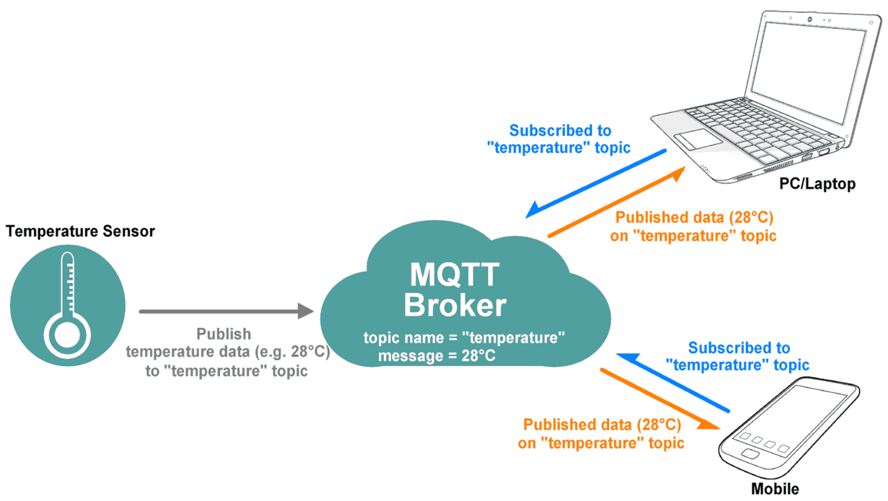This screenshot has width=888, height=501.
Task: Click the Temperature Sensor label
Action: point(80,231)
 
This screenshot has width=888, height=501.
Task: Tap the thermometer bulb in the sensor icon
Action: point(67,335)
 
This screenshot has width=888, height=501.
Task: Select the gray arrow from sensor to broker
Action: point(225,311)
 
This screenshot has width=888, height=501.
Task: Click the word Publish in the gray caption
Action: point(224,334)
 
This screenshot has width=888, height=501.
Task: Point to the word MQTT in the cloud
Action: point(454,274)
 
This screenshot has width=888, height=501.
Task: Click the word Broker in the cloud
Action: point(455,305)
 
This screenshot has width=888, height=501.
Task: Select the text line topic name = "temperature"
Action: point(464,337)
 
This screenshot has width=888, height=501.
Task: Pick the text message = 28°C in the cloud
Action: point(436,356)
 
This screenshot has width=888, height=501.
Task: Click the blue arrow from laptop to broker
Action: point(595,184)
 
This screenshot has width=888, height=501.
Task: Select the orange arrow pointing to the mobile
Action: point(659,399)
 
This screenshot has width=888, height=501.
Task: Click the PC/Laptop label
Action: point(817,184)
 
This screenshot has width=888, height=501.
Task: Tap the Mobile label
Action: point(775,488)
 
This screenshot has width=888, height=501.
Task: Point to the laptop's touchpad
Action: point(698,139)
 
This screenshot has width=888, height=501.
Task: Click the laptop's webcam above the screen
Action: point(809,20)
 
